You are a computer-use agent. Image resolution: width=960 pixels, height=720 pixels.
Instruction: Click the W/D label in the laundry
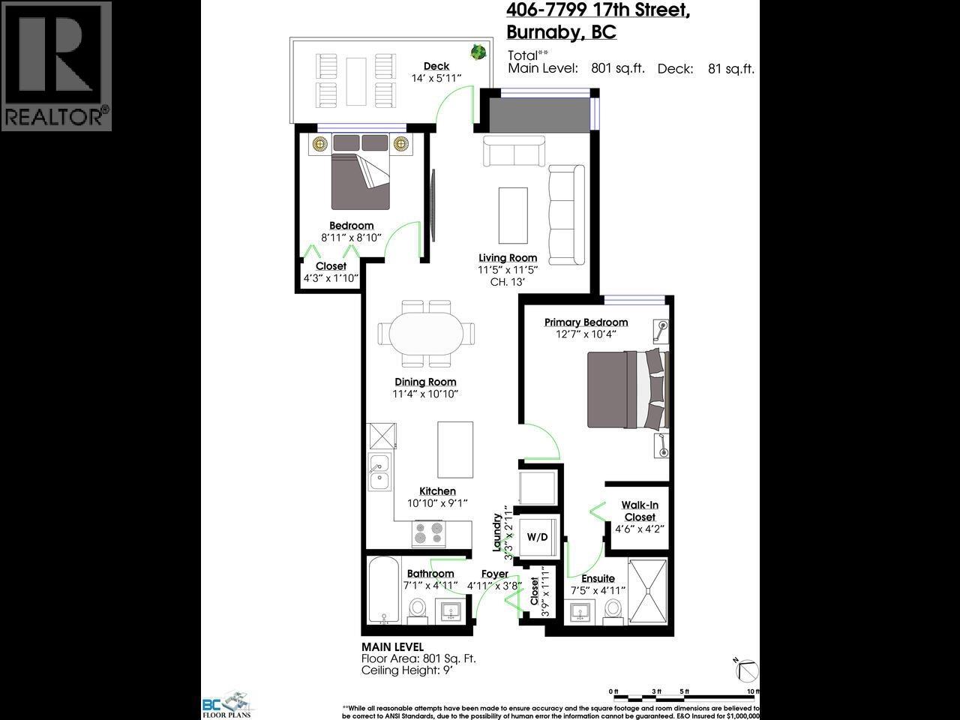(x=537, y=537)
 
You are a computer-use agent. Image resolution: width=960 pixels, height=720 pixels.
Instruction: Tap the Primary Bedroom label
(x=586, y=322)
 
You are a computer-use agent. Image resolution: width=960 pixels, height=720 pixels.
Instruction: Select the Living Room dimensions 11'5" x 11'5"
(x=508, y=270)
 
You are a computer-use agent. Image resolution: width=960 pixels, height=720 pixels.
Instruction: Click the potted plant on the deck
(x=478, y=52)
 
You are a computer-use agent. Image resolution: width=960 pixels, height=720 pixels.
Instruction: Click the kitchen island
(x=455, y=449)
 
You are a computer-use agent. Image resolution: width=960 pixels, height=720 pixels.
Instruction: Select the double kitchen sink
(x=379, y=471)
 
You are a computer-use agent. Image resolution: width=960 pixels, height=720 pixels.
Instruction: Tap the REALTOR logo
(x=56, y=66)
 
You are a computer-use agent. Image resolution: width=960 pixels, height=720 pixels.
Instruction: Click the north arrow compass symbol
(x=747, y=668)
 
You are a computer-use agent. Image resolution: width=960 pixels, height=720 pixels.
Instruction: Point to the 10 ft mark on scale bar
(x=752, y=691)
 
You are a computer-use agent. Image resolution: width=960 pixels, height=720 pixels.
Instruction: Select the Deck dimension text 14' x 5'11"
(x=436, y=78)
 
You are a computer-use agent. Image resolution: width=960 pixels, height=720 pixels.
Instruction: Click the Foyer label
(x=494, y=574)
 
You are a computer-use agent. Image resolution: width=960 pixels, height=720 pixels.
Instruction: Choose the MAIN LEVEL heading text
(x=392, y=646)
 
